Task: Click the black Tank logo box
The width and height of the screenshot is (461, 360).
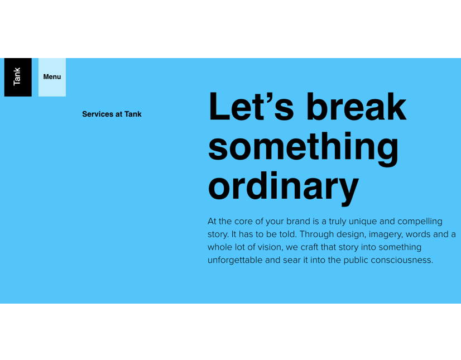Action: (x=18, y=77)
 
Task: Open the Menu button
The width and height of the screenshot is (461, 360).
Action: (x=52, y=77)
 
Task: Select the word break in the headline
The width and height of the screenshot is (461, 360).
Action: (x=357, y=106)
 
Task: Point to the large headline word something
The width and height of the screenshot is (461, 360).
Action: (x=304, y=149)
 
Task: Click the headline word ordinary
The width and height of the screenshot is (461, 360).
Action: (x=284, y=188)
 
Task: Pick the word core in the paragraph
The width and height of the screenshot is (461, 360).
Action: (x=243, y=222)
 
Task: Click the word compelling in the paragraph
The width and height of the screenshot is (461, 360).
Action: (x=420, y=222)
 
